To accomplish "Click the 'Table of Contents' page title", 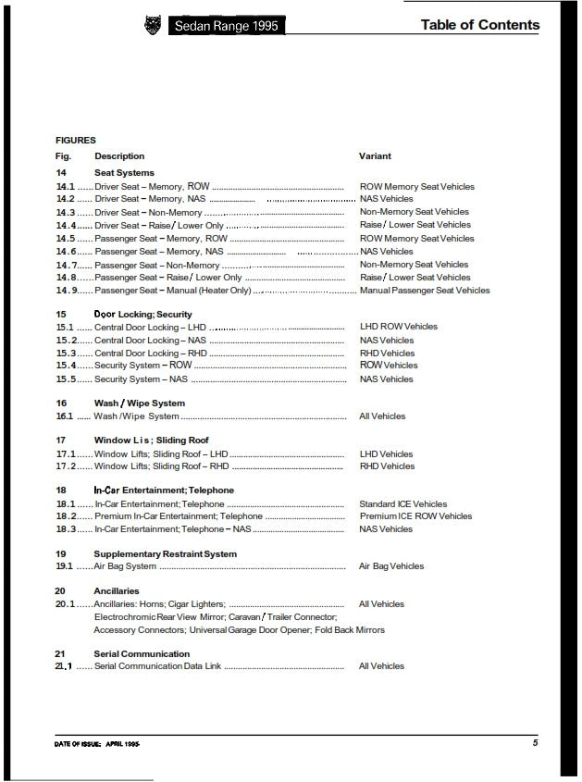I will (479, 25).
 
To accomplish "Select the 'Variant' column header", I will (375, 156).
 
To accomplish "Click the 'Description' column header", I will (119, 156).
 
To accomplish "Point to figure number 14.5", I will (65, 239).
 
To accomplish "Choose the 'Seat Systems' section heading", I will (124, 173).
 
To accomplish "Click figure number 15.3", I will (65, 353).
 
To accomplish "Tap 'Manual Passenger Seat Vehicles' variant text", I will (425, 291).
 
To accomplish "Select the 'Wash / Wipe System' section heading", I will (139, 403).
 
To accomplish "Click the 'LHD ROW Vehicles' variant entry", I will (399, 327).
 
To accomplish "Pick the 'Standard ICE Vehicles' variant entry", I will (403, 504).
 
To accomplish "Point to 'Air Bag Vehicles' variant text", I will (391, 566).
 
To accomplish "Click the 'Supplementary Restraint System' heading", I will (166, 554).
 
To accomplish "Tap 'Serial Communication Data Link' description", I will (156, 666).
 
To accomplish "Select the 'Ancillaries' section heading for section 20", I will (117, 590).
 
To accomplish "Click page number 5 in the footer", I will (535, 742).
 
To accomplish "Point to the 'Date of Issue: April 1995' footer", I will (97, 743).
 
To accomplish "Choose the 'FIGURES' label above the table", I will (75, 141).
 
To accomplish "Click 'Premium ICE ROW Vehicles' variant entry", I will (415, 516).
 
